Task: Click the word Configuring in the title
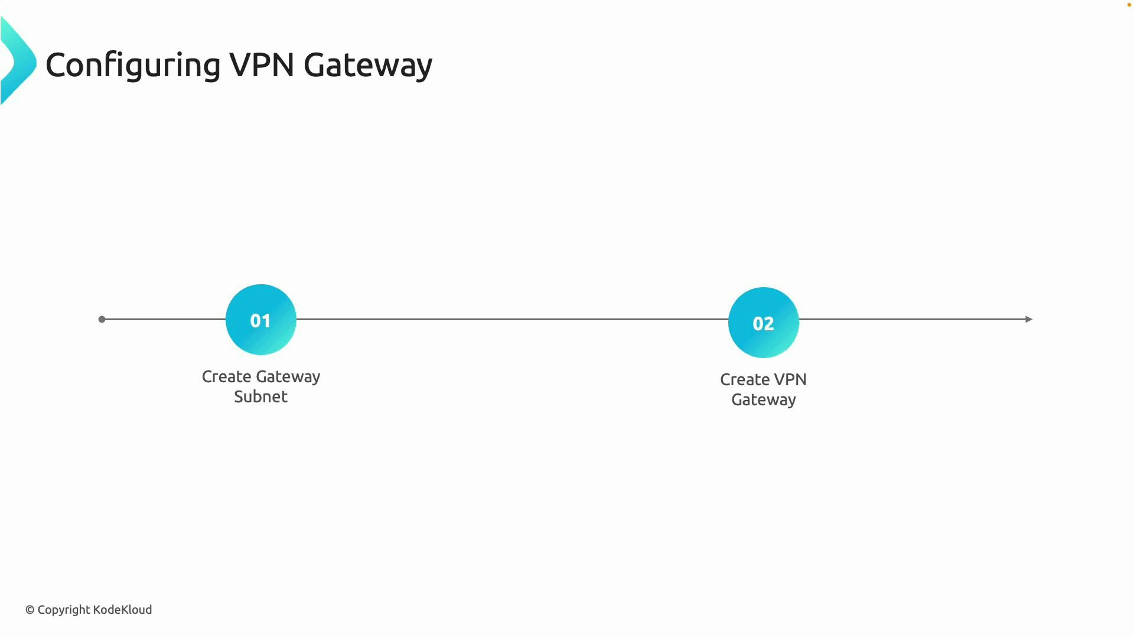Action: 133,65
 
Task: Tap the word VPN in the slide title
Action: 262,64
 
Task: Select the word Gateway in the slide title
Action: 367,65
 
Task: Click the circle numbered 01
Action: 260,320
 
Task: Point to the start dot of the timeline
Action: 102,319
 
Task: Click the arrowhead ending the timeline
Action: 1029,319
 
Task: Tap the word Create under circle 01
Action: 227,377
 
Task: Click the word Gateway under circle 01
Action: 288,377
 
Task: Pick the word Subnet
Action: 260,397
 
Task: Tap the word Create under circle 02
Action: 745,380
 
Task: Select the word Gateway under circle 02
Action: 763,400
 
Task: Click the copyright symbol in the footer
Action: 30,610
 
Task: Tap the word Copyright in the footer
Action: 64,610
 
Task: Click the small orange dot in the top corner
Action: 1129,5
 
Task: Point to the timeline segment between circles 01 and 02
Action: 511,319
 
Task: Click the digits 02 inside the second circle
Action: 763,324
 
